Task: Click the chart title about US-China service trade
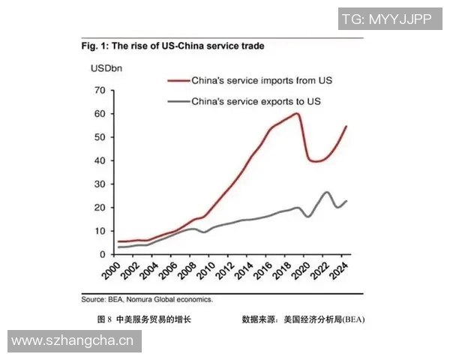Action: coord(172,46)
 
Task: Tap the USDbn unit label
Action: coord(107,69)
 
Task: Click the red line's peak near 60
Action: coord(297,113)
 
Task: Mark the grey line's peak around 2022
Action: coord(327,192)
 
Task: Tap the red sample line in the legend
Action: coord(178,79)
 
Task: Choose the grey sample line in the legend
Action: coord(178,100)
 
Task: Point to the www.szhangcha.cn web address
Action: coord(72,341)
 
